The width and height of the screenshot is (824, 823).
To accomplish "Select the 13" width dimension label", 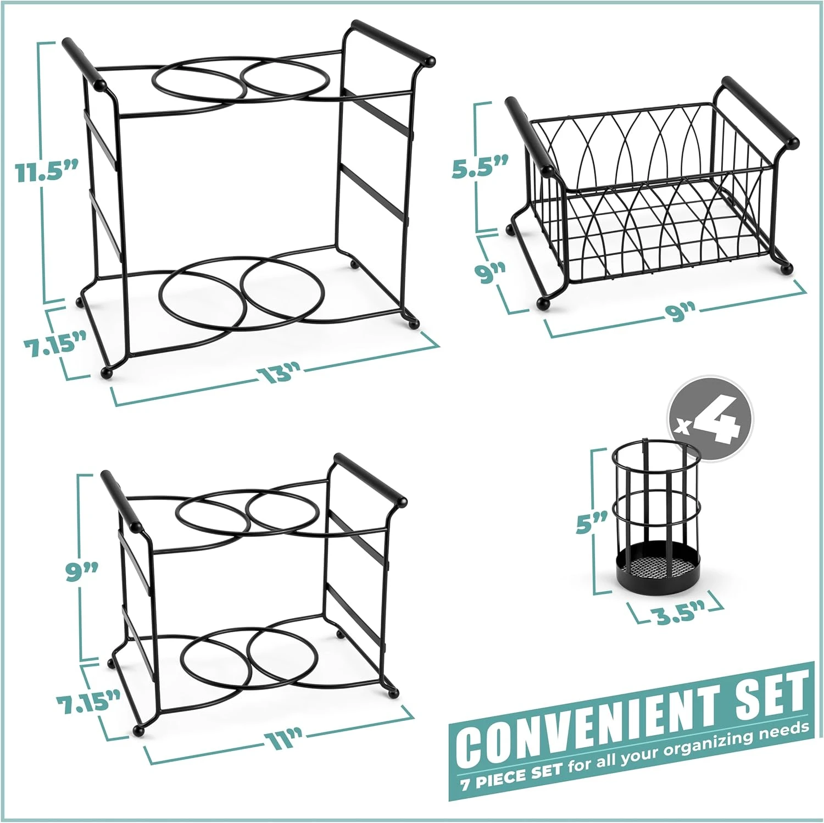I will pos(279,374).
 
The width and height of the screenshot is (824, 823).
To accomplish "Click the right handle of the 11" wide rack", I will pos(370,477).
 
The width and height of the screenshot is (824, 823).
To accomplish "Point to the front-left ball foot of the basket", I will pos(543,302).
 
